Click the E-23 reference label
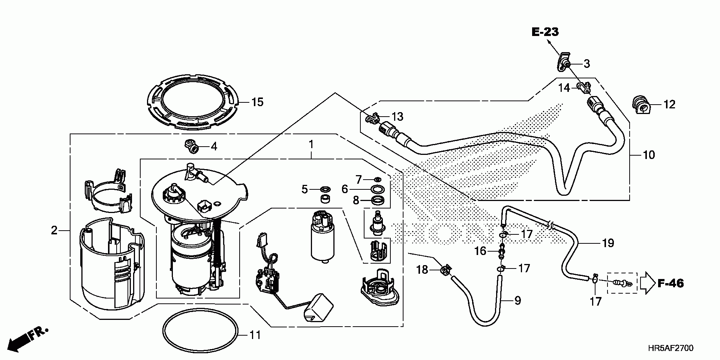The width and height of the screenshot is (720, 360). pyautogui.click(x=545, y=32)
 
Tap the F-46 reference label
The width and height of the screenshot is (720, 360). pyautogui.click(x=670, y=283)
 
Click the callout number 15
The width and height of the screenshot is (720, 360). pyautogui.click(x=258, y=102)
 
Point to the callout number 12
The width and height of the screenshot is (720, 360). pyautogui.click(x=669, y=104)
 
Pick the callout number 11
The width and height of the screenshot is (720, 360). pyautogui.click(x=255, y=335)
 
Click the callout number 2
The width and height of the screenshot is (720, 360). pyautogui.click(x=54, y=230)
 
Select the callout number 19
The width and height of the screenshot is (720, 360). pyautogui.click(x=608, y=243)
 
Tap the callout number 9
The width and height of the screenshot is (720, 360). pyautogui.click(x=517, y=300)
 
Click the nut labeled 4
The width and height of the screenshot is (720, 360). pyautogui.click(x=192, y=146)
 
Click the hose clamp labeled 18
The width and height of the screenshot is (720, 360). pyautogui.click(x=445, y=270)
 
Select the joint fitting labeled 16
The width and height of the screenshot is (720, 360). pyautogui.click(x=502, y=250)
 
